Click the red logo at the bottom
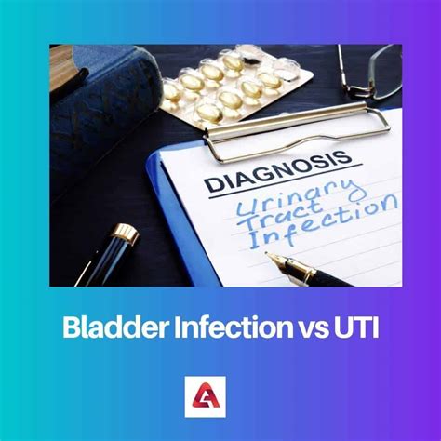[206, 396]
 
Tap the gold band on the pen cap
[126, 233]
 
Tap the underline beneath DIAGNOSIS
[286, 180]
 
